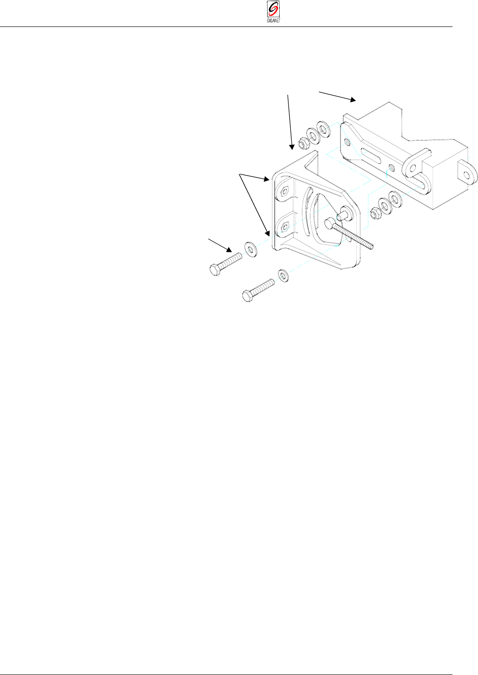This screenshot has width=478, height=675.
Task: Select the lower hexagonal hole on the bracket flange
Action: click(285, 227)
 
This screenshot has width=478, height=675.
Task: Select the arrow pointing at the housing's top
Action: click(337, 96)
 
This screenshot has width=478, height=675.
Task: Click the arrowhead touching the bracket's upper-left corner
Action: click(267, 178)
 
